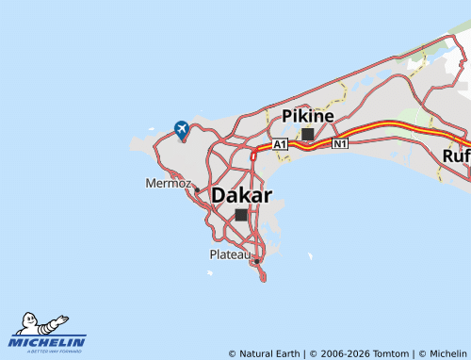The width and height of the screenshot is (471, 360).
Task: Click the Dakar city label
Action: coord(242,196)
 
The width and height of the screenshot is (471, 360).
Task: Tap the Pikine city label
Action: coord(308,116)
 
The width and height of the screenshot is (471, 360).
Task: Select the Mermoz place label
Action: coord(169,183)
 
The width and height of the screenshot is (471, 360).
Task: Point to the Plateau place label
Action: coord(231,254)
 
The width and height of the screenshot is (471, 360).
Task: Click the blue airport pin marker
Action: coord(182,129)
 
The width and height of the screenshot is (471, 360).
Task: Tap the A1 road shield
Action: coord(280,144)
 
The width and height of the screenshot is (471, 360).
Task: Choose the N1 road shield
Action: coord(340,144)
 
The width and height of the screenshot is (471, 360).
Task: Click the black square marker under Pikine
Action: coord(308,134)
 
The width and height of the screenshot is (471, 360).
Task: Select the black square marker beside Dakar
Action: coord(241,215)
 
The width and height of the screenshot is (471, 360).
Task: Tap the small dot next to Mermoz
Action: coord(197,188)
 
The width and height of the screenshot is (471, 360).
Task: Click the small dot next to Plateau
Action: coord(256,260)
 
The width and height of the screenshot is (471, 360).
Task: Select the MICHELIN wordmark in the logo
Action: coord(48,341)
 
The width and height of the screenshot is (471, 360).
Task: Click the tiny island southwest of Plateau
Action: coord(209,274)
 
